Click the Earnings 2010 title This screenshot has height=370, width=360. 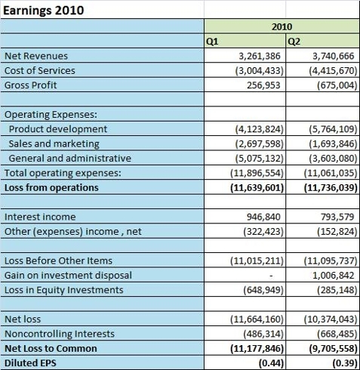tap(43, 11)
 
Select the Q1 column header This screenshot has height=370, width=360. tap(212, 42)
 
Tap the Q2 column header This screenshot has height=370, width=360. tap(294, 42)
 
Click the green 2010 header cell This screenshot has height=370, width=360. tap(282, 26)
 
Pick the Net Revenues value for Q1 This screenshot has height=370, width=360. tap(260, 56)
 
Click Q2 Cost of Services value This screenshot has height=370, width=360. tap(333, 71)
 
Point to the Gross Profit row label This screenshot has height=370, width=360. tap(31, 85)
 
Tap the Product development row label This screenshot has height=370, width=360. tap(58, 129)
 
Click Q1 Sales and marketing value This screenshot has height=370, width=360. tap(260, 143)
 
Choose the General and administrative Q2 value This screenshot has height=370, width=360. tap(333, 159)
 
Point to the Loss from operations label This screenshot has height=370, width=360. tap(51, 188)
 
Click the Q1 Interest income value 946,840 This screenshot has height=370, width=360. tap(263, 217)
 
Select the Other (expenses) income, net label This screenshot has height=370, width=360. tap(73, 232)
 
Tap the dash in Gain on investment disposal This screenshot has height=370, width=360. tap(271, 276)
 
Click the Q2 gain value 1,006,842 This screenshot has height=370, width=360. tap(334, 276)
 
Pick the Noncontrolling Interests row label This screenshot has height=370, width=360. tap(60, 334)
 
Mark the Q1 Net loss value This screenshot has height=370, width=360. tap(257, 319)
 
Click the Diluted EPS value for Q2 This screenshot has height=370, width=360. tap(345, 363)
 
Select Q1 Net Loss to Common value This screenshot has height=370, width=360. tap(257, 349)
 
